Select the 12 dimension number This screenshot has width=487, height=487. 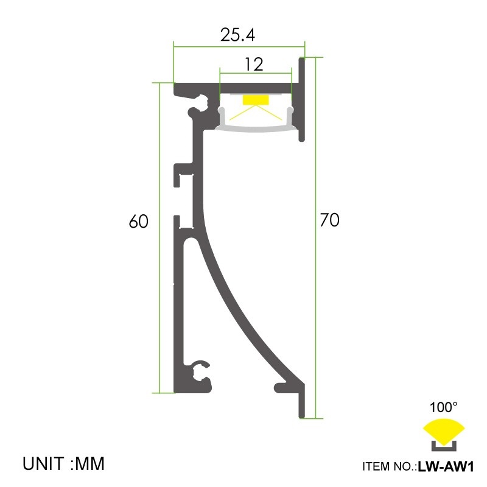[254, 64]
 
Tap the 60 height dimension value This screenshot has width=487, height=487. [139, 222]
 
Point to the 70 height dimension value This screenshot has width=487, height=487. [329, 220]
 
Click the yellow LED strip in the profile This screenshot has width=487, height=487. [255, 100]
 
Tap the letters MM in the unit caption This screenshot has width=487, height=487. [91, 464]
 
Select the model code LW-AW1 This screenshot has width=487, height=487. [446, 468]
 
